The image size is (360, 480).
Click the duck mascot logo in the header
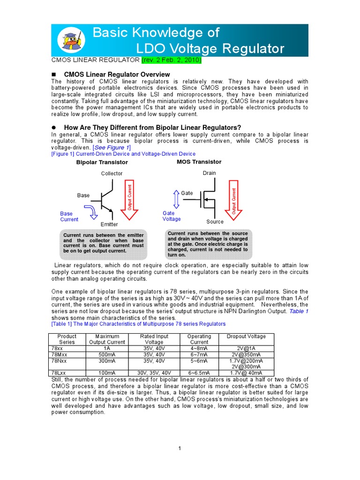pyautogui.click(x=71, y=40)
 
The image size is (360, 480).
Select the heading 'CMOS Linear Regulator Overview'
pyautogui.click(x=117, y=75)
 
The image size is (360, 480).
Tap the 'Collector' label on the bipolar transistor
pyautogui.click(x=112, y=173)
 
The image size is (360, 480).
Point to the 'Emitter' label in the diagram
pyautogui.click(x=109, y=225)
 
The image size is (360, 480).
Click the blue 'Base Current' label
pyautogui.click(x=69, y=217)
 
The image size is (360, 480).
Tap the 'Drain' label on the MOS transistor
pyautogui.click(x=209, y=173)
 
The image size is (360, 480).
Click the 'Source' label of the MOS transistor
pyautogui.click(x=215, y=222)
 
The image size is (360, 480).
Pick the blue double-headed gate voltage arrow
pyautogui.click(x=176, y=199)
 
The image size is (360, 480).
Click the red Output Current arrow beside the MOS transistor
pyautogui.click(x=234, y=201)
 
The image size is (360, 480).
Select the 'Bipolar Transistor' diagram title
pyautogui.click(x=102, y=162)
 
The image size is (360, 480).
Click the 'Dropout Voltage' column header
pyautogui.click(x=246, y=337)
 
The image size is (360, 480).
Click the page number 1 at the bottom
pyautogui.click(x=180, y=449)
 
